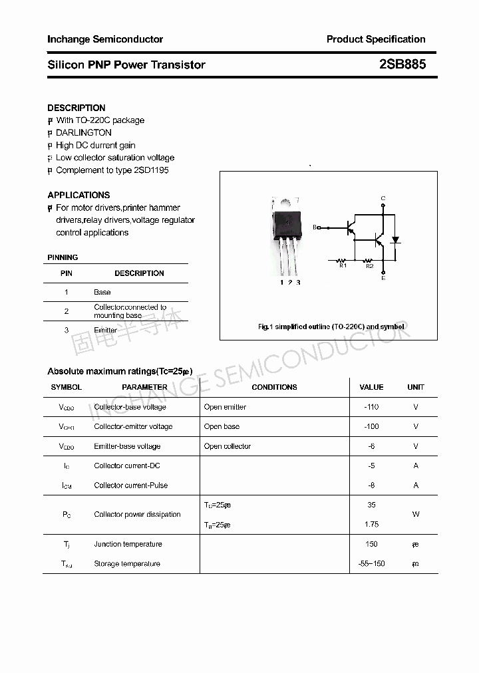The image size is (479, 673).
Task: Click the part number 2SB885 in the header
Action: (x=402, y=65)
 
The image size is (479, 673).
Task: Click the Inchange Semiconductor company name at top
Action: (x=105, y=39)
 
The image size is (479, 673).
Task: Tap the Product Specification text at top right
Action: (x=376, y=39)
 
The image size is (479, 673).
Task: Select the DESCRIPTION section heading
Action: (x=77, y=108)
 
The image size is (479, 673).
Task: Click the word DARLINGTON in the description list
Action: (x=84, y=132)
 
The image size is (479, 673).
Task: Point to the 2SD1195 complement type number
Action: (x=152, y=170)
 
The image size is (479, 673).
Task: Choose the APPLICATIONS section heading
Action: (x=79, y=195)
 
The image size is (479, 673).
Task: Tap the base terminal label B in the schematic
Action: (x=315, y=227)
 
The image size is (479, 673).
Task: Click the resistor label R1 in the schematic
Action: (x=343, y=266)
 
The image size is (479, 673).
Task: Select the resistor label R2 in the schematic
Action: (x=369, y=266)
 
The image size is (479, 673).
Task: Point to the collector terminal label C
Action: (x=383, y=199)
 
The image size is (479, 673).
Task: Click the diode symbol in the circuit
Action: (x=395, y=239)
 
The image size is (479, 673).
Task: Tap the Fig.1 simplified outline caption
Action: (x=331, y=327)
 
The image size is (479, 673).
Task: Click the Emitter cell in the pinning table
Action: (x=106, y=331)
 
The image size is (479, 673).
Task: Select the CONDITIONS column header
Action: (x=274, y=387)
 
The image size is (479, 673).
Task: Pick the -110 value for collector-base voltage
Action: (x=371, y=407)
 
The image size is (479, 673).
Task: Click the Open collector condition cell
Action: (x=228, y=446)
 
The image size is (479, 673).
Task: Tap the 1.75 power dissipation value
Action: (x=371, y=525)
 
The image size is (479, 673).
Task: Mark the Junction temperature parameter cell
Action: (x=128, y=544)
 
